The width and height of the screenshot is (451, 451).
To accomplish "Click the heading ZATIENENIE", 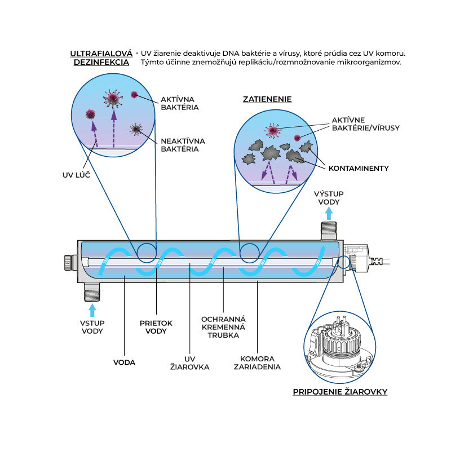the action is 267,99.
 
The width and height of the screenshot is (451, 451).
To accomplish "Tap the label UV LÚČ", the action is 76,175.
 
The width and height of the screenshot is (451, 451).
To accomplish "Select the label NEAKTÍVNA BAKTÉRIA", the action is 183,145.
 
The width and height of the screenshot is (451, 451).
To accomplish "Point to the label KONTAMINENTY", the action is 359,168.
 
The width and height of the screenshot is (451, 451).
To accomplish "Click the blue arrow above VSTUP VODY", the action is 92,311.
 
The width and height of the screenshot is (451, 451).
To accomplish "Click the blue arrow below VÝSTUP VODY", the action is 329,214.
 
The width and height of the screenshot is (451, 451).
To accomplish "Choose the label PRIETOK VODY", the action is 156,327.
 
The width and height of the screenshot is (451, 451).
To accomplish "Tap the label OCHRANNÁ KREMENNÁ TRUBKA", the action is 223,327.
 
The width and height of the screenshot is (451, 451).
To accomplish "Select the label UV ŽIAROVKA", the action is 189,363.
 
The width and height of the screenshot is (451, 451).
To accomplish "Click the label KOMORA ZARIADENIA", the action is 257,362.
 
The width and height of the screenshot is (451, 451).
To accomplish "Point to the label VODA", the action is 124,362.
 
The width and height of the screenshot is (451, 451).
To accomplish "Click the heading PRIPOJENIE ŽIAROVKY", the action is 340,392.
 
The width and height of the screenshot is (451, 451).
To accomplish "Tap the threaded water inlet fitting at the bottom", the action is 92,291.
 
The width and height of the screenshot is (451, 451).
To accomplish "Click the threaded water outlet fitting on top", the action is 329,231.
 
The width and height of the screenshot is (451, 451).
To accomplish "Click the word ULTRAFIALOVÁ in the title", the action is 101,54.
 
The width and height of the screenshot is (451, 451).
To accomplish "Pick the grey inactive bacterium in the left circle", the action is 136,129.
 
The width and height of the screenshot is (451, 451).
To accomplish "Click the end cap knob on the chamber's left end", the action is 68,262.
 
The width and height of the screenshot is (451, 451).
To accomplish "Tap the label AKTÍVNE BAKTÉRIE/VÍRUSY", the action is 365,124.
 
